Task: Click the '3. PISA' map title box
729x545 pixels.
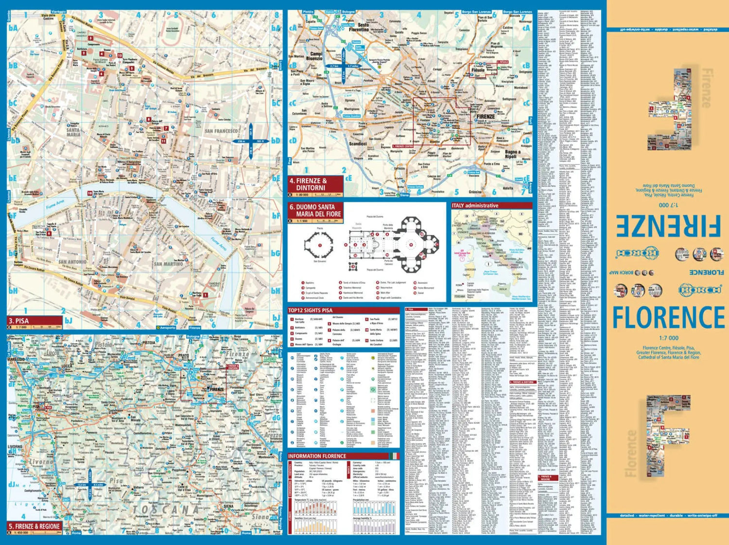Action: click(x=34, y=321)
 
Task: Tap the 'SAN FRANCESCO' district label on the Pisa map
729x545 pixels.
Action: click(x=222, y=131)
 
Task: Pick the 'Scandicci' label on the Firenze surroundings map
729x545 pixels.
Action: click(x=358, y=144)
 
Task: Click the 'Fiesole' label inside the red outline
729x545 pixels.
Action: click(x=478, y=70)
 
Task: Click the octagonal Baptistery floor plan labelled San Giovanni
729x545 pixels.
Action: click(x=320, y=245)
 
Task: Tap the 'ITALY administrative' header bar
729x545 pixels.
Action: click(x=491, y=205)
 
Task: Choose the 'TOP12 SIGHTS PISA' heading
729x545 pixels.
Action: click(x=311, y=310)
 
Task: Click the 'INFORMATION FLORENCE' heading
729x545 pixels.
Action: click(x=317, y=456)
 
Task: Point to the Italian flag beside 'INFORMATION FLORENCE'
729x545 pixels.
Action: click(x=394, y=456)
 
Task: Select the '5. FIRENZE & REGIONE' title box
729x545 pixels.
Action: click(x=34, y=526)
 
